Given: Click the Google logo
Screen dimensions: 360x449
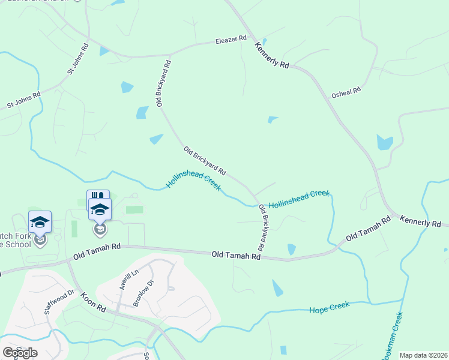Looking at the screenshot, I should tap(20, 353).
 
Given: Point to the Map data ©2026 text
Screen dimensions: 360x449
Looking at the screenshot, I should tap(423, 355).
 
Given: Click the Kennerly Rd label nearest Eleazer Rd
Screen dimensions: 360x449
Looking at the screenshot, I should tap(272, 55).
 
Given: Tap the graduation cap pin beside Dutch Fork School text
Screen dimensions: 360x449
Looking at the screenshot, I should tap(40, 222).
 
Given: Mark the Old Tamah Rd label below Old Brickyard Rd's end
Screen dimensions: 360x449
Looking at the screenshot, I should tap(236, 256).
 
